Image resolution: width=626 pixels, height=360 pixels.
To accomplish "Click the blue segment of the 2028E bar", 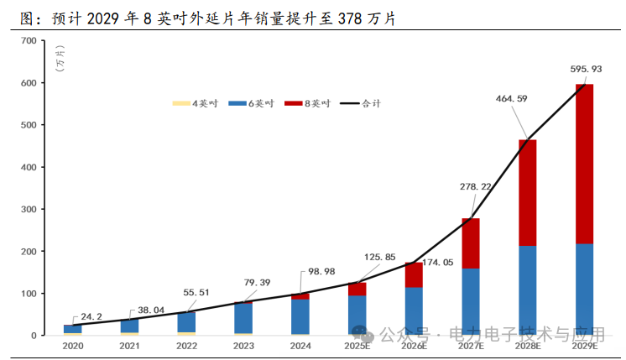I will (527, 290).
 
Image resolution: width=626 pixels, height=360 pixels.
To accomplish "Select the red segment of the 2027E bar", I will (470, 243).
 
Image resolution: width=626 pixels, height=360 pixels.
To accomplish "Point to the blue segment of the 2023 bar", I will (243, 318).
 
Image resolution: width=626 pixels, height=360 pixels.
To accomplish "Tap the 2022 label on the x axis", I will (186, 346).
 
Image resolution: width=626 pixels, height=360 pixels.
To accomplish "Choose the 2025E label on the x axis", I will (357, 346).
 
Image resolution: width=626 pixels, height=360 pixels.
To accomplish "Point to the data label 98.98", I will (318, 276).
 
